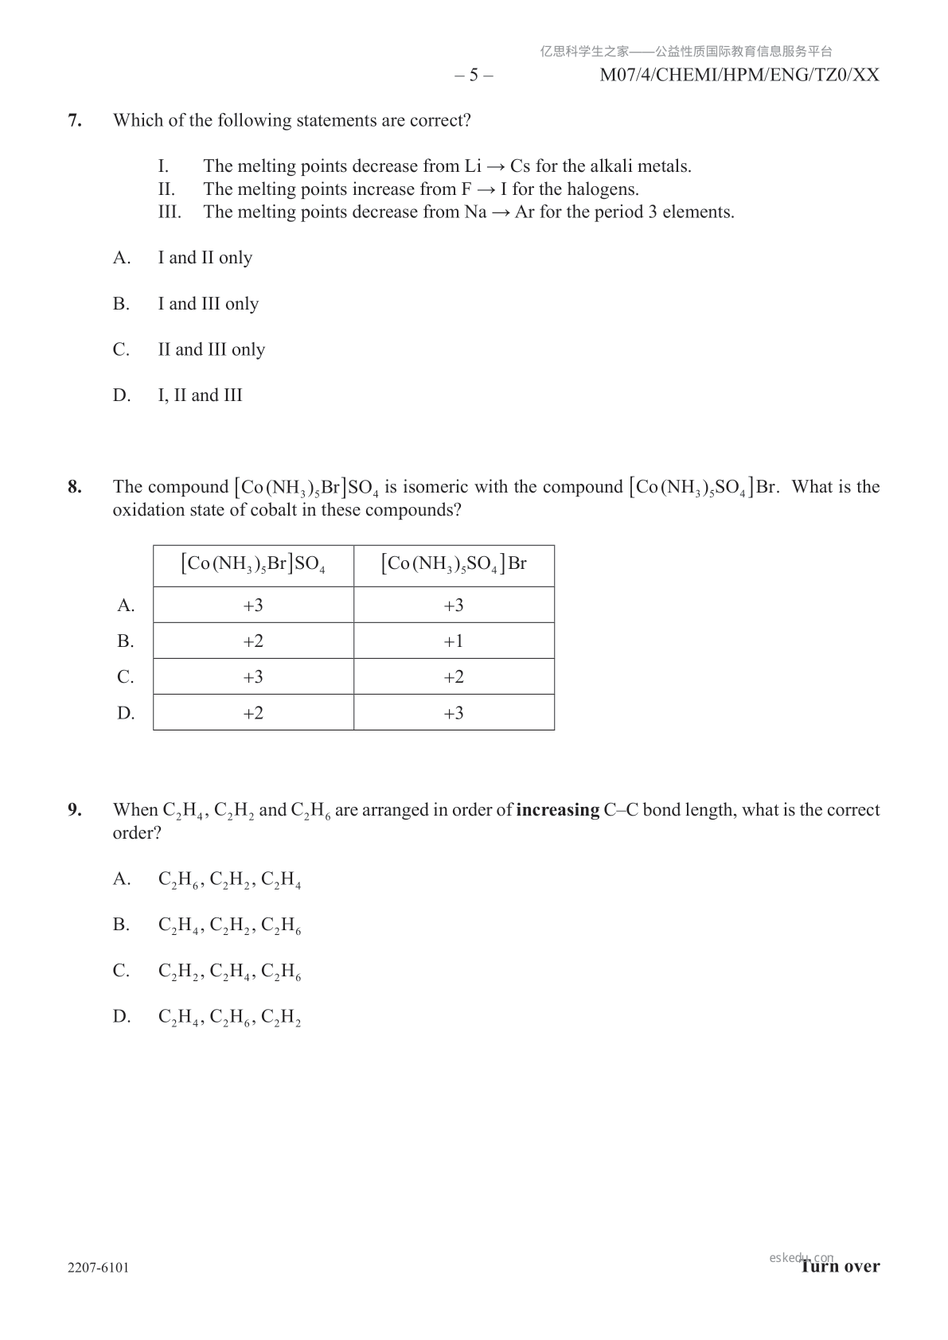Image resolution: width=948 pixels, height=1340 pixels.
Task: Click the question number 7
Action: click(75, 121)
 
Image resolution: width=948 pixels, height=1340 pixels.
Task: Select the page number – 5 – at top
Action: click(474, 76)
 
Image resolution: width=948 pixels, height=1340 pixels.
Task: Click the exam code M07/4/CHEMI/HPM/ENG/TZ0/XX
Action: click(739, 76)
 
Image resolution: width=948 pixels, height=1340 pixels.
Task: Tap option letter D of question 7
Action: click(122, 395)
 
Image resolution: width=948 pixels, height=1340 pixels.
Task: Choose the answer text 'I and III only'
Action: click(209, 304)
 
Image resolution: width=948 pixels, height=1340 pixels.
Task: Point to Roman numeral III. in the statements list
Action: click(170, 212)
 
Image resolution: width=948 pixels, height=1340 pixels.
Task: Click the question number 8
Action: click(75, 487)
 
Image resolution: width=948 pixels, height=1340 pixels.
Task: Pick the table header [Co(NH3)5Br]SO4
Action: click(253, 565)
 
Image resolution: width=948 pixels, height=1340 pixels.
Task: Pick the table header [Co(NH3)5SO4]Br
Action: click(454, 565)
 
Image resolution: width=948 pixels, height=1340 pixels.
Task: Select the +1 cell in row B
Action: click(454, 641)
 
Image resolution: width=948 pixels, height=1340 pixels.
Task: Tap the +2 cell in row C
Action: click(454, 677)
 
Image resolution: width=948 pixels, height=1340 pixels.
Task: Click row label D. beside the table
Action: click(126, 713)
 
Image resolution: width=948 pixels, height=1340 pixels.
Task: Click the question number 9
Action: click(75, 810)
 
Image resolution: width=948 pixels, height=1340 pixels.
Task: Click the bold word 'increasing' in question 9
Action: click(557, 810)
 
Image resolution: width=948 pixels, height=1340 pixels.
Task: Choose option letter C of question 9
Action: click(122, 971)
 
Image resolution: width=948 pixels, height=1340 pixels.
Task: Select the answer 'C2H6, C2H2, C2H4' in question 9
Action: click(229, 880)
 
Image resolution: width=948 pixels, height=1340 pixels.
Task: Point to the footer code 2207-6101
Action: click(99, 1268)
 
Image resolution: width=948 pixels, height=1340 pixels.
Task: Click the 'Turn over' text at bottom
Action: click(841, 1267)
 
